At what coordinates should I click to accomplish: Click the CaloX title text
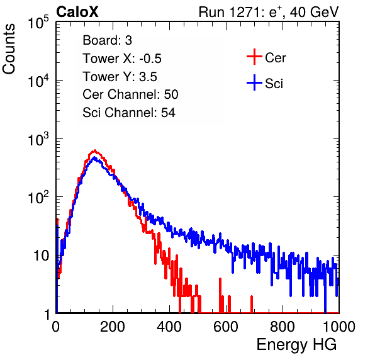[77, 12]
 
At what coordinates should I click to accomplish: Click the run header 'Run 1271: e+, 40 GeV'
[269, 12]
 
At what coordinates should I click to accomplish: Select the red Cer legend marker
[254, 57]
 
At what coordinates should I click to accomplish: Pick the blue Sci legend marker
[254, 83]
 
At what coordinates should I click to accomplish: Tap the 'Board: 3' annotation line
[107, 40]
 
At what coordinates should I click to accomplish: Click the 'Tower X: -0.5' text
[122, 59]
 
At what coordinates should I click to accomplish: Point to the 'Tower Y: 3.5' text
[120, 77]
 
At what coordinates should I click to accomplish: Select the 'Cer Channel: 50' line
[130, 94]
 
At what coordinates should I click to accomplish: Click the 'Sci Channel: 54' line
[129, 113]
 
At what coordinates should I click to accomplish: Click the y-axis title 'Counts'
[9, 49]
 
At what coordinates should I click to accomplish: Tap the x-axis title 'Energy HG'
[296, 345]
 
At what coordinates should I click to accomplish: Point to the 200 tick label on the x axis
[113, 327]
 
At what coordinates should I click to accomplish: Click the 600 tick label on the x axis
[226, 327]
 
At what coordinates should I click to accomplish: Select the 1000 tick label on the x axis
[339, 327]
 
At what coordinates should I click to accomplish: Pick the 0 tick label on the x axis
[56, 327]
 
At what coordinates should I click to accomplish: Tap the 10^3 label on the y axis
[38, 138]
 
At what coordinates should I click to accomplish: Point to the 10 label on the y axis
[41, 256]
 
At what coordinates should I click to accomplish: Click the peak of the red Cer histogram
[95, 150]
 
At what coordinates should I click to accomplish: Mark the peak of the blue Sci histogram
[94, 157]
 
